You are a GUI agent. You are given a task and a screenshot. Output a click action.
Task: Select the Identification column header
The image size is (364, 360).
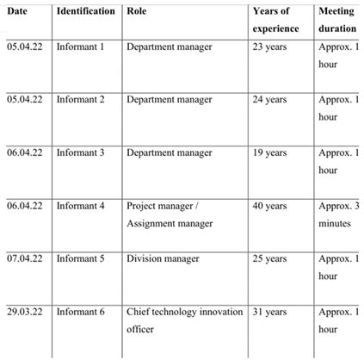pos(85,12)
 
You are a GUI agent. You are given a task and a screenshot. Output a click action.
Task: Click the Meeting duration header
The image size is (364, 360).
pos(338,21)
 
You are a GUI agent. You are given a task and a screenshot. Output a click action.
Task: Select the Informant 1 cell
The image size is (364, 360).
pos(80,46)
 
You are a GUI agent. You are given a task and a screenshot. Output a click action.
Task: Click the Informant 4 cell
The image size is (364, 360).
pos(80,206)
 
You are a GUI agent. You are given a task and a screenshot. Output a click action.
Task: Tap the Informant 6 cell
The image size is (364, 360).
pos(80,311)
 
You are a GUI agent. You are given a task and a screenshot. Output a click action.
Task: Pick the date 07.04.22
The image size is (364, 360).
pos(25,258)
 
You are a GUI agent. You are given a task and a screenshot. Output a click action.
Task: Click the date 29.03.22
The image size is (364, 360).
pos(25,311)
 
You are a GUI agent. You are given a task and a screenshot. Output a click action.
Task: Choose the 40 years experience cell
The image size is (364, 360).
pos(270,206)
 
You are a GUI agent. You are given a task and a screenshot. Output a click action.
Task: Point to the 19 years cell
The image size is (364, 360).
pos(270,152)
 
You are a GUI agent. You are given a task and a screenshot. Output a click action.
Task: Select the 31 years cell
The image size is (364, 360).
pos(270,311)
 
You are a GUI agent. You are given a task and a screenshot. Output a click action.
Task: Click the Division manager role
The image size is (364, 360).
pos(163,258)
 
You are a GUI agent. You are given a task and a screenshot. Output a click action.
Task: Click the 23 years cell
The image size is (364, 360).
pos(270,46)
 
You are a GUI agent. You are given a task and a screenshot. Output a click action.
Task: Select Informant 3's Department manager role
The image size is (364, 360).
pos(169,152)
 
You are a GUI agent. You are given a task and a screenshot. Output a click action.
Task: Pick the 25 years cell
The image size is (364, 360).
pos(270,258)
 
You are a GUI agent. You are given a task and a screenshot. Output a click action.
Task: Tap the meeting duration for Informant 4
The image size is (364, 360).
pos(339,214)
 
